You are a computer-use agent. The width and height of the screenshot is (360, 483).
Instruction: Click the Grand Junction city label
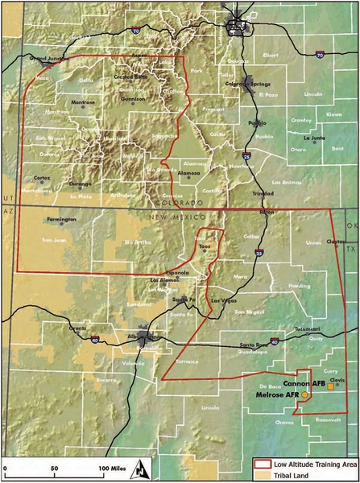(45, 59)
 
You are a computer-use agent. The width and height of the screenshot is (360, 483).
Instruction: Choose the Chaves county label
(284, 422)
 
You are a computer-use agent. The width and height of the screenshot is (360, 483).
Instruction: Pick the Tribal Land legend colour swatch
(259, 475)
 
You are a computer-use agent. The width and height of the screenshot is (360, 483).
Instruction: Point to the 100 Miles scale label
(113, 468)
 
